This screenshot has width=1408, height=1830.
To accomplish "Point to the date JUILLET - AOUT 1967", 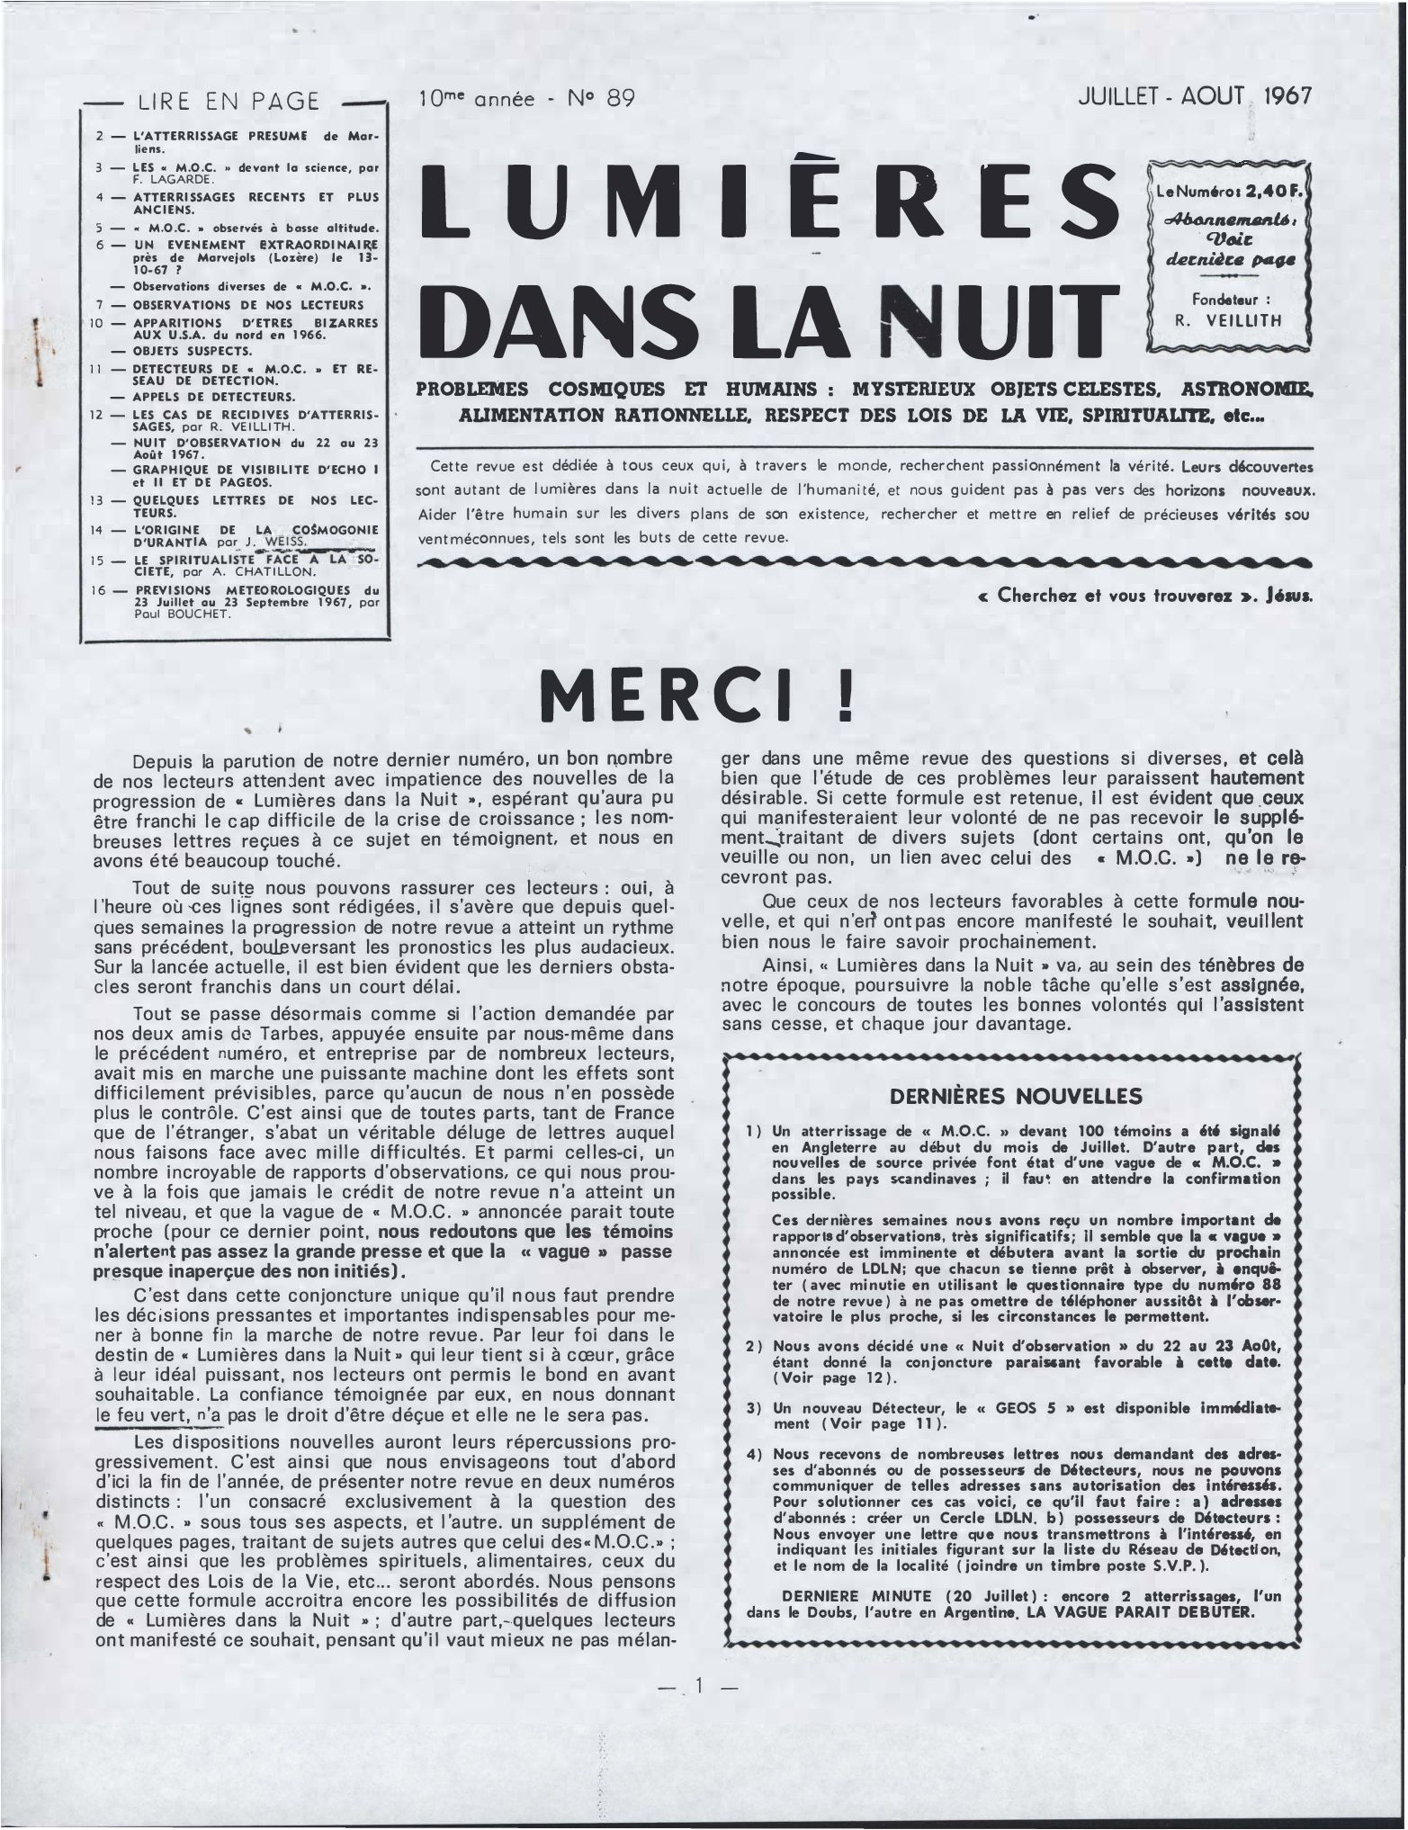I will click(x=1196, y=97).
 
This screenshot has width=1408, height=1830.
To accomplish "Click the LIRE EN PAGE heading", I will click(x=229, y=102).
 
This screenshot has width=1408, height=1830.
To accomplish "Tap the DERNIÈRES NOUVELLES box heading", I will click(x=1015, y=1096).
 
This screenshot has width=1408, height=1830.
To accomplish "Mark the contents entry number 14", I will click(x=100, y=530).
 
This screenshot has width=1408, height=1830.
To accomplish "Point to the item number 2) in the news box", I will click(x=755, y=1346).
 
